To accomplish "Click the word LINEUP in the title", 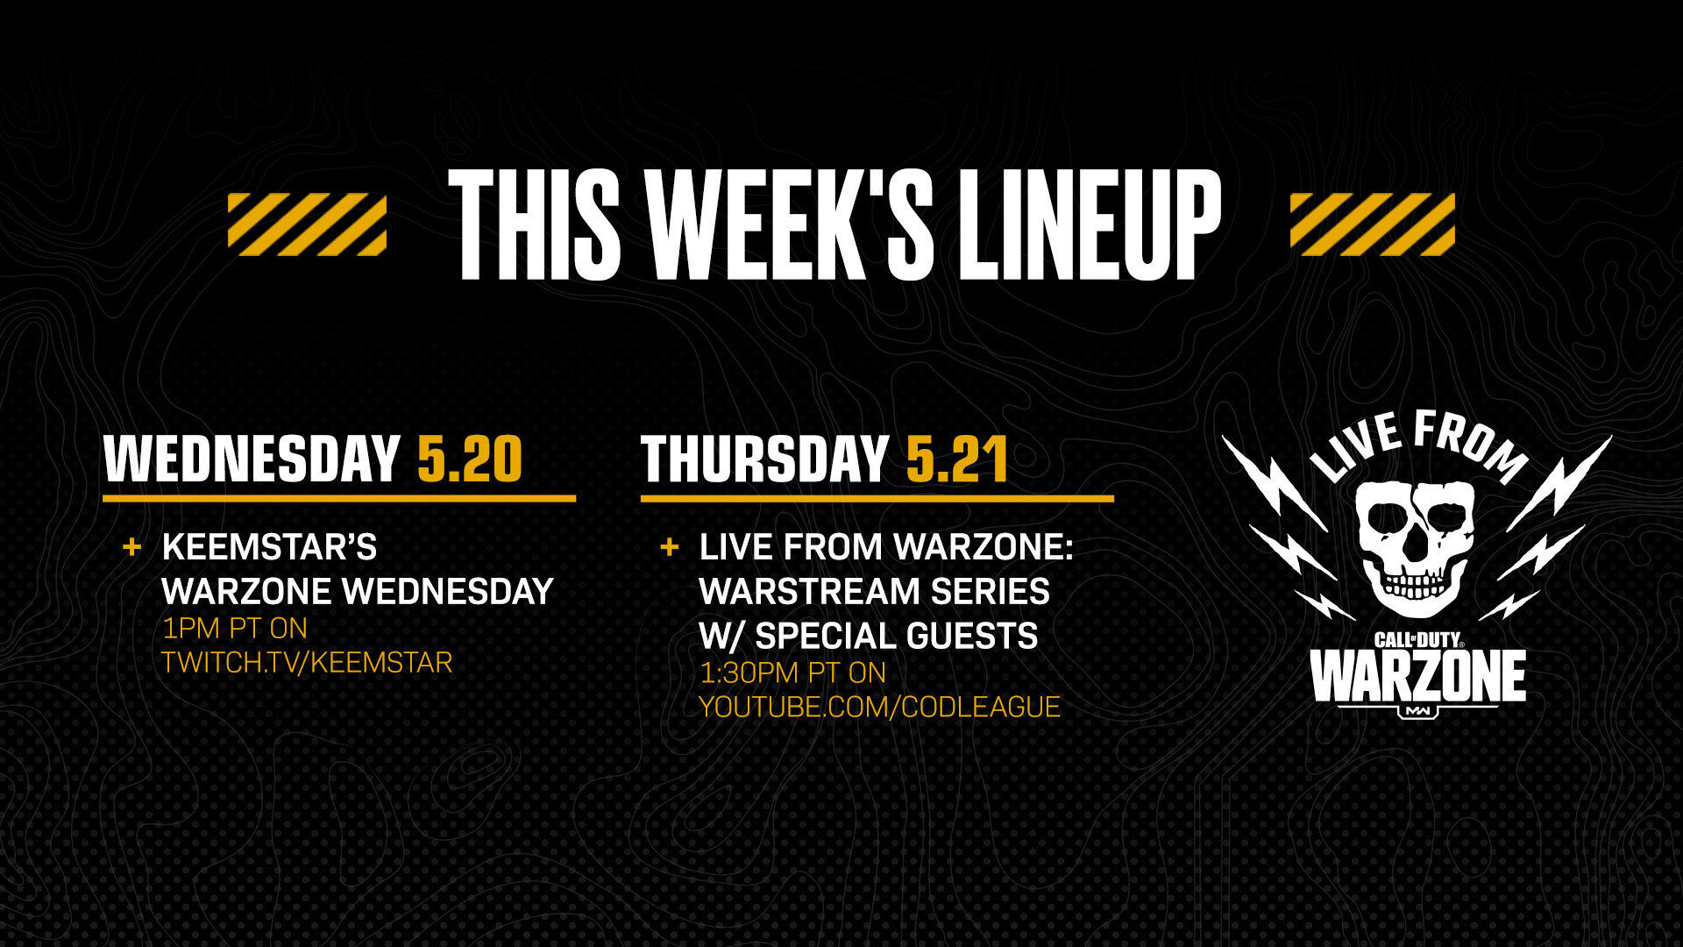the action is click(1090, 224).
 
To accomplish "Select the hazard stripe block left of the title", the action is click(307, 224).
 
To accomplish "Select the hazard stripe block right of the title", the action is click(1373, 224).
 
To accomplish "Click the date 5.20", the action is click(470, 459).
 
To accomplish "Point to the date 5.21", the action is click(956, 459).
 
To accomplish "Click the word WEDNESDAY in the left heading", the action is click(252, 459).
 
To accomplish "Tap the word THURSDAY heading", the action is click(764, 459).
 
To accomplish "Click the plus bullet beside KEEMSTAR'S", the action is click(131, 547).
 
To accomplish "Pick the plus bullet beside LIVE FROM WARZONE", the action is click(669, 547).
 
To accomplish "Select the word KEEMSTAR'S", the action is click(269, 547).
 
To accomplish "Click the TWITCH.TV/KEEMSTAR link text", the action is click(307, 662).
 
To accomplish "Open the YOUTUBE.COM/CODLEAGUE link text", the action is click(879, 707).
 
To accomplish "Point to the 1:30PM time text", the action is click(749, 673).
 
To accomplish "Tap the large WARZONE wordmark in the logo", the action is click(1417, 676).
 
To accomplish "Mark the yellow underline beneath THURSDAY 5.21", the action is click(877, 498).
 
